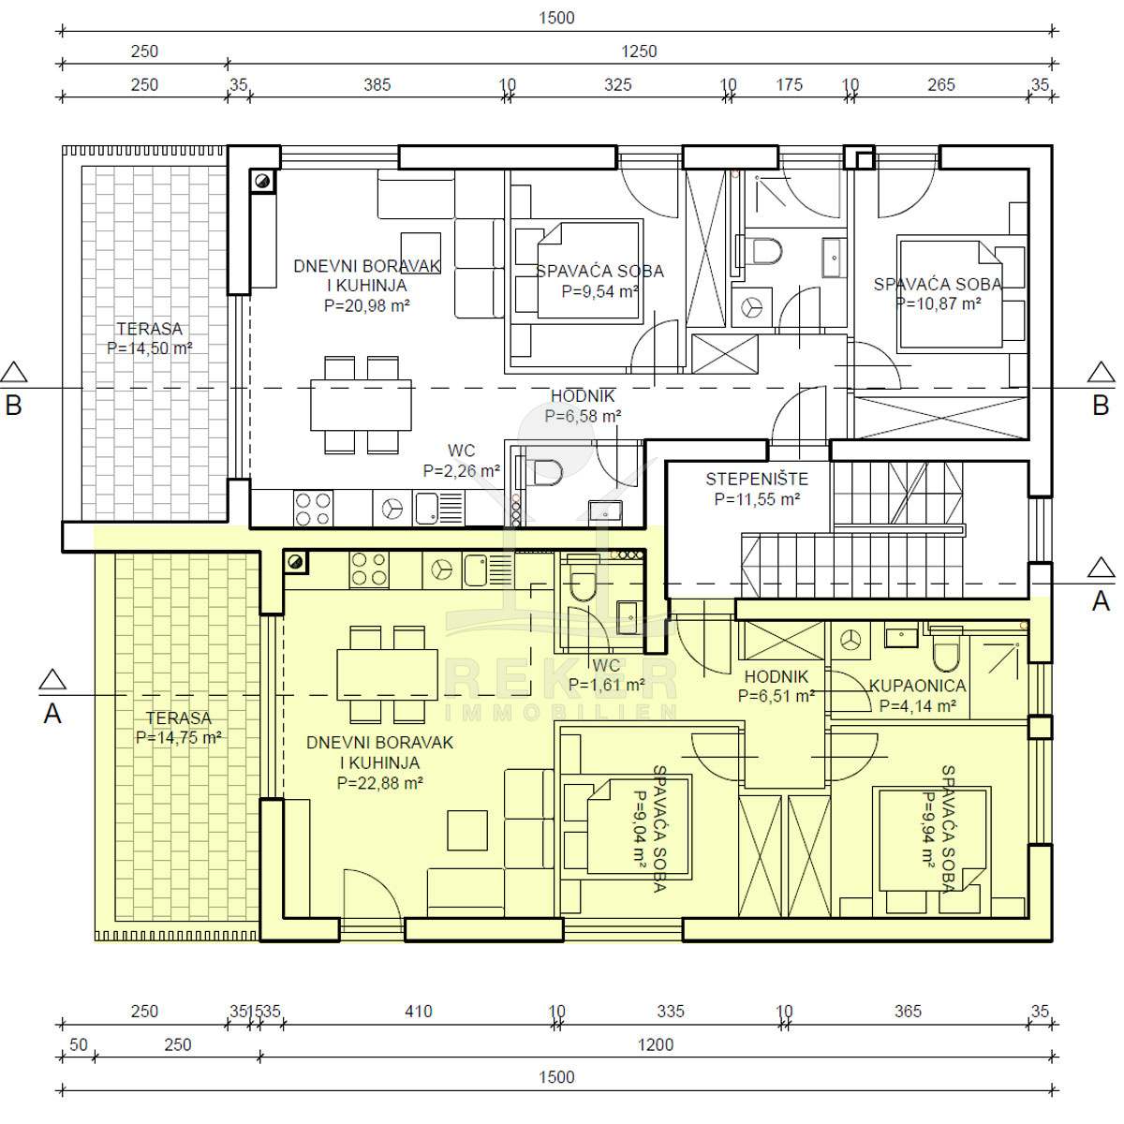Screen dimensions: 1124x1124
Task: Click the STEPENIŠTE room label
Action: [x=757, y=480]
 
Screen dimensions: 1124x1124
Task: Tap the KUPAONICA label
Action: [x=918, y=686]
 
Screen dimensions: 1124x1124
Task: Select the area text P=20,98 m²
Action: [x=367, y=305]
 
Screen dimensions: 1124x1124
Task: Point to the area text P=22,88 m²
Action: [x=379, y=783]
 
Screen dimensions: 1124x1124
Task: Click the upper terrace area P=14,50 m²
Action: [x=150, y=348]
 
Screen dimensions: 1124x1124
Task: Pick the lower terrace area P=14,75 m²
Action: [x=179, y=738]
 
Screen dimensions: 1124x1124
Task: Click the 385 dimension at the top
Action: [x=377, y=85]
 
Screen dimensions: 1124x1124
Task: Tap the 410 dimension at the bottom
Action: [x=418, y=1012]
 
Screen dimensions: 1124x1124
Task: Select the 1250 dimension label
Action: [x=640, y=52]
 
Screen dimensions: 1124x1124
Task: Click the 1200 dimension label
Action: [x=656, y=1044]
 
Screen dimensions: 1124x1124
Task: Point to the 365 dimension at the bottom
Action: [x=908, y=1012]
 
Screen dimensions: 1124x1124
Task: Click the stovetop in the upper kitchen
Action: [x=313, y=510]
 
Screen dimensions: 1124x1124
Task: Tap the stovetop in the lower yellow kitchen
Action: [x=369, y=569]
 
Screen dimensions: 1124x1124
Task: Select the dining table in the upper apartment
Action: [x=361, y=406]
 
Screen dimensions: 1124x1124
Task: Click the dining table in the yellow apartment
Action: [x=387, y=674]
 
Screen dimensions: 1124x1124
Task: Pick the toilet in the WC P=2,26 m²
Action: [x=543, y=472]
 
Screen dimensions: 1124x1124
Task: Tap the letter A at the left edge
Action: [x=52, y=715]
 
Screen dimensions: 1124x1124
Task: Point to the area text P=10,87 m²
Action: [x=939, y=303]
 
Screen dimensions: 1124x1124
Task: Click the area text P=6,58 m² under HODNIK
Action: [x=583, y=417]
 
